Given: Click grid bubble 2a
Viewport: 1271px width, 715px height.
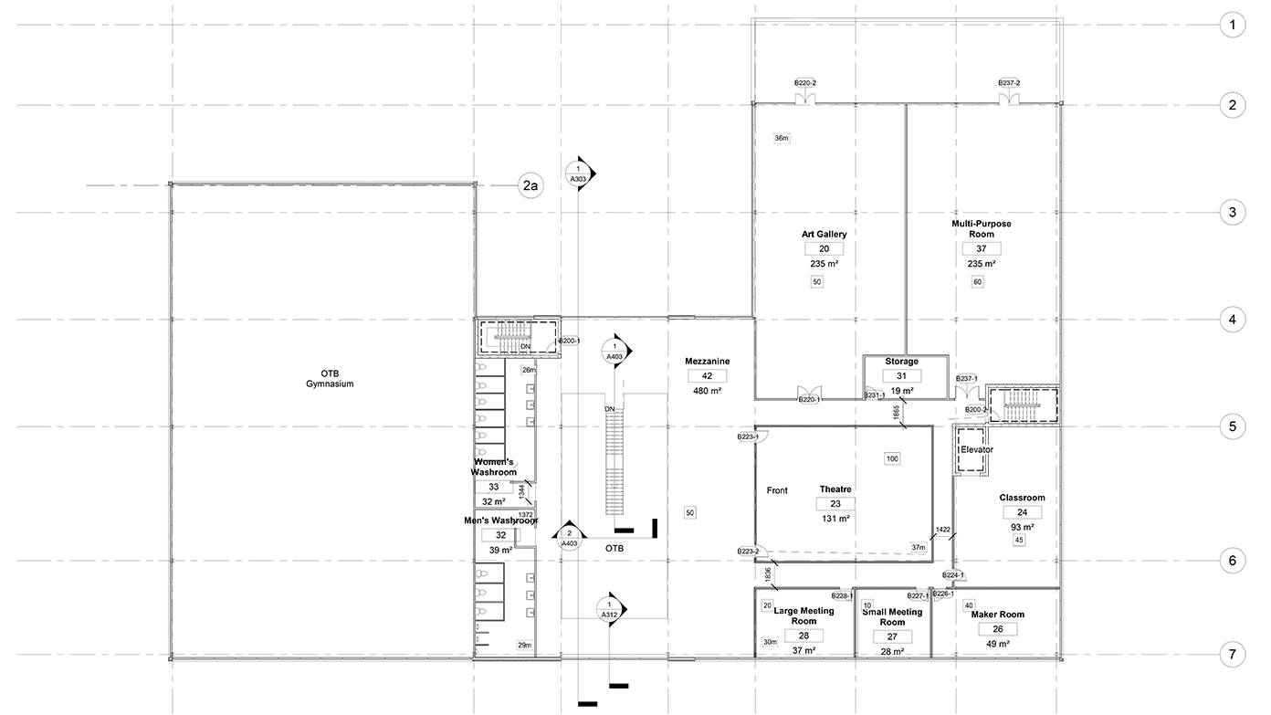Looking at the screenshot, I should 530,186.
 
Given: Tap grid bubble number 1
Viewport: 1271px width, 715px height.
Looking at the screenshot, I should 1232,25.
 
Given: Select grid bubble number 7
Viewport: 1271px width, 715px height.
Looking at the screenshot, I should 1232,655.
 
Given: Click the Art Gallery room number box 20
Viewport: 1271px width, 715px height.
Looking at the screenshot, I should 824,248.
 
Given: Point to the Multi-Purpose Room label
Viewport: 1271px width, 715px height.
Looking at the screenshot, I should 981,228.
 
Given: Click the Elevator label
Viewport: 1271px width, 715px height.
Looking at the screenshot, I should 975,450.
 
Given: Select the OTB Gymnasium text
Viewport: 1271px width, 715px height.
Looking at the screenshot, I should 323,378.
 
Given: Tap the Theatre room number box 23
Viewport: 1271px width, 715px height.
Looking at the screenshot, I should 835,504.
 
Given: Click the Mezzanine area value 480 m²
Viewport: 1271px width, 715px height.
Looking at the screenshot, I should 707,391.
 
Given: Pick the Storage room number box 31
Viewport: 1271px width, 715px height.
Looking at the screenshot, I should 901,376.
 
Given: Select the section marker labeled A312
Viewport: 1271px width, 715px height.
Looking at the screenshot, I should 609,610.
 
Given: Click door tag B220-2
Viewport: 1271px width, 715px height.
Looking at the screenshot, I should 804,83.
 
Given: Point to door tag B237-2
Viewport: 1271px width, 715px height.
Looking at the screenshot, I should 1008,83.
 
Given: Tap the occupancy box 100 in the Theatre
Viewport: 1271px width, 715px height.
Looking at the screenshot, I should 892,457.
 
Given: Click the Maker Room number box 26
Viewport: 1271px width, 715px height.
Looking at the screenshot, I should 997,629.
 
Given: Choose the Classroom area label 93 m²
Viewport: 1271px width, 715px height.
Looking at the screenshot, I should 1022,527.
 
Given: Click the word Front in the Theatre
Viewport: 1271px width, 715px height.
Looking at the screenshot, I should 777,490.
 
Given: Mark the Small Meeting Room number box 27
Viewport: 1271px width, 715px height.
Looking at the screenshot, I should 892,636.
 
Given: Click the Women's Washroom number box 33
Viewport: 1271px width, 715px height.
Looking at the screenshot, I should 493,487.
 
